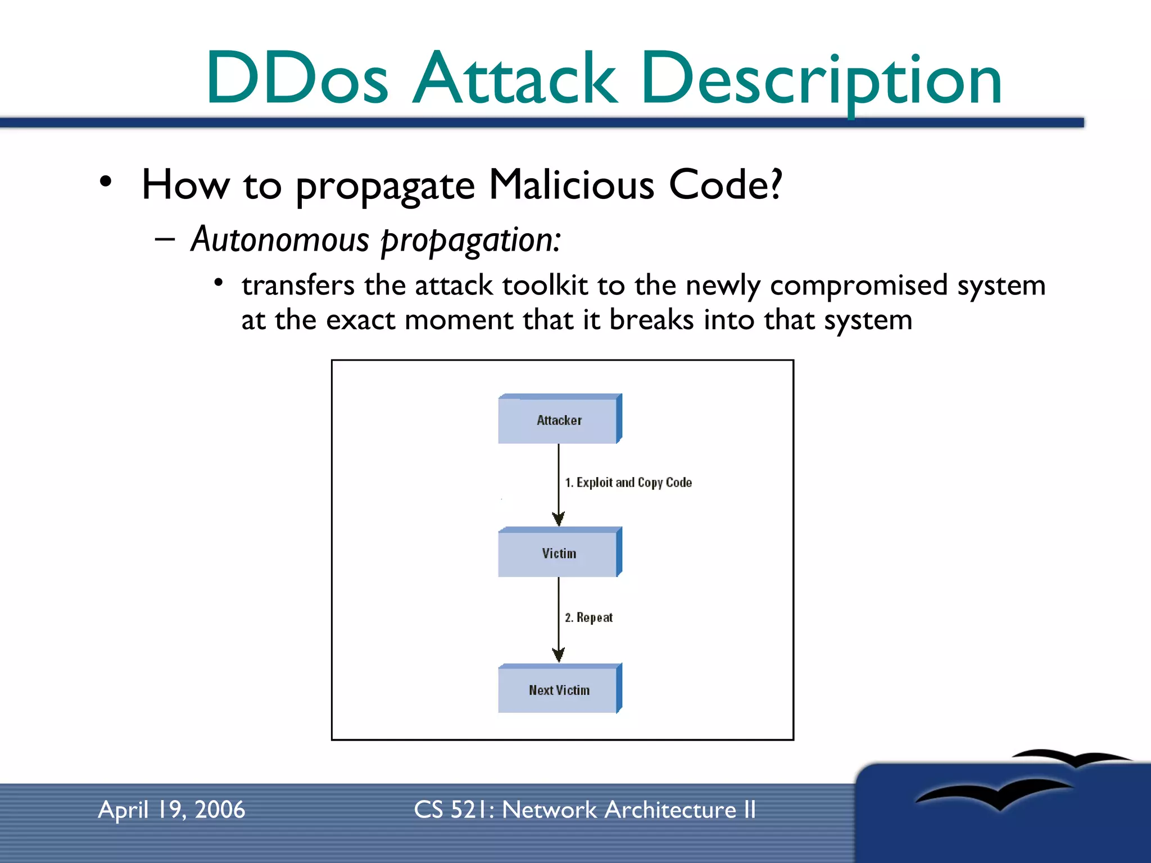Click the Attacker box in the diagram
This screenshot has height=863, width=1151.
[559, 420]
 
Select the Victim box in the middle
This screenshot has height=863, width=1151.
[559, 553]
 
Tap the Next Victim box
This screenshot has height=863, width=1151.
[559, 690]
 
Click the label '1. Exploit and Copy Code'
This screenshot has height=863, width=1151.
[628, 483]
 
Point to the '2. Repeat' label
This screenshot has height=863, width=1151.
[588, 617]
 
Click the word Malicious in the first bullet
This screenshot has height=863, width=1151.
[571, 185]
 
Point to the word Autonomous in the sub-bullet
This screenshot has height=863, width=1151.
[280, 239]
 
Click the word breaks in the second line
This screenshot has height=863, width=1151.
[651, 320]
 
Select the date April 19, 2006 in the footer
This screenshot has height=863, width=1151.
[171, 810]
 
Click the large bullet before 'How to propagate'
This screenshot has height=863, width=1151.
[106, 182]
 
